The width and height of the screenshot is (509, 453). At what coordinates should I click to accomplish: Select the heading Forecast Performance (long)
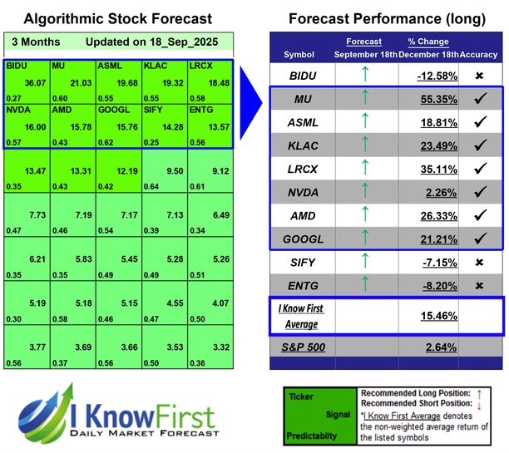point(387,19)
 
